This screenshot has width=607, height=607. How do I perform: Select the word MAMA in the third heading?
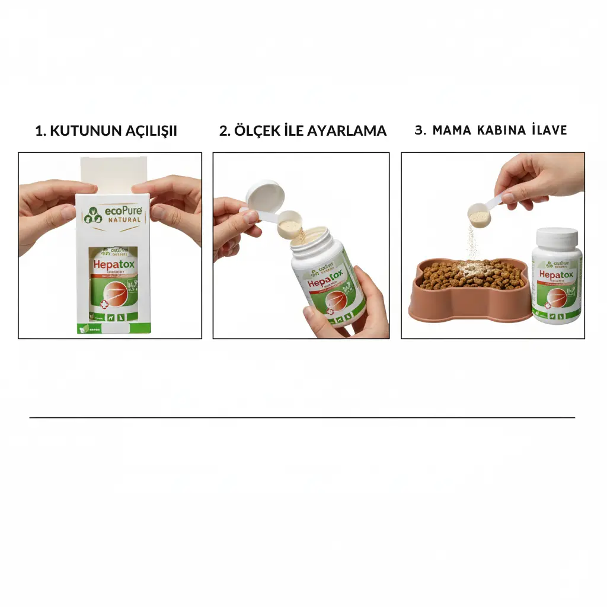click(x=451, y=130)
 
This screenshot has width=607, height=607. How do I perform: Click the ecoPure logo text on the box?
click(x=123, y=211)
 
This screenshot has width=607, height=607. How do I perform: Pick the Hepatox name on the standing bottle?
click(x=557, y=276)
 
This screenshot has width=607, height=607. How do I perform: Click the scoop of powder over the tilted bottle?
click(x=290, y=225)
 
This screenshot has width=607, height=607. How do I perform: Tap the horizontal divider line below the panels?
click(x=302, y=417)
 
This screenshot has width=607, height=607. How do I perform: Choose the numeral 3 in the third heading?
click(x=419, y=130)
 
